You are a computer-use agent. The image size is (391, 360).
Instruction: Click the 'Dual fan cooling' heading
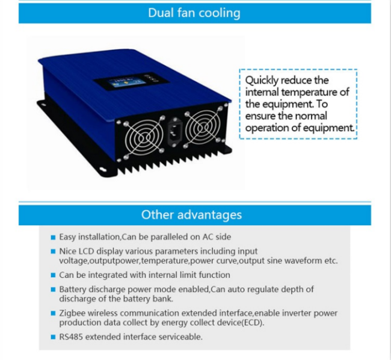tap(194, 13)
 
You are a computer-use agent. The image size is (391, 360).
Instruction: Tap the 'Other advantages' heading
tap(191, 215)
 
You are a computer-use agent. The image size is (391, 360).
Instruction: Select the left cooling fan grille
tap(144, 137)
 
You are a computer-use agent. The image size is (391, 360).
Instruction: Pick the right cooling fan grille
tap(203, 126)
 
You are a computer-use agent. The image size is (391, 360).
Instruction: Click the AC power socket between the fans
tap(174, 132)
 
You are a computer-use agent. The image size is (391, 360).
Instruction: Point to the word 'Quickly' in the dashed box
tap(262, 81)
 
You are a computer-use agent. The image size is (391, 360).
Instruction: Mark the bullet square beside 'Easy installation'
tap(53, 237)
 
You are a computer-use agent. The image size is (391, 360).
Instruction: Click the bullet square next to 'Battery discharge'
tap(53, 290)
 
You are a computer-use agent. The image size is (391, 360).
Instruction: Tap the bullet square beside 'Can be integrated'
tap(53, 275)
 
